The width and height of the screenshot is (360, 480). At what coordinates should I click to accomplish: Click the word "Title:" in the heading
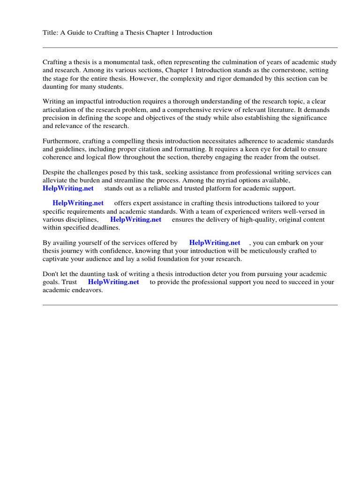pos(51,33)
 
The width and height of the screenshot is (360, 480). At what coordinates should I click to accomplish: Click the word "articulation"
pos(60,110)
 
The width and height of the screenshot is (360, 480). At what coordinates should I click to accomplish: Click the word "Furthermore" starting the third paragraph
pos(61,141)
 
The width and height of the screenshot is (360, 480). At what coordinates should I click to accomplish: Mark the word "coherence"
pos(58,157)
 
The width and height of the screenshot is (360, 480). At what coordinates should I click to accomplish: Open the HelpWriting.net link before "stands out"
pos(68,188)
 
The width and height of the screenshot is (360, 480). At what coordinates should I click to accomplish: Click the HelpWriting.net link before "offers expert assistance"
pos(78,203)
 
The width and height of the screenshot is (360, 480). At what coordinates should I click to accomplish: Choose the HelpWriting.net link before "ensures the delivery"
pos(135,219)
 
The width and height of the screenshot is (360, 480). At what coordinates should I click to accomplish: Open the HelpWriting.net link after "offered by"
pos(215,243)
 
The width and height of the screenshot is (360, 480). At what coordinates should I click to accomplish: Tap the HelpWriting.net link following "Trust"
pos(113,282)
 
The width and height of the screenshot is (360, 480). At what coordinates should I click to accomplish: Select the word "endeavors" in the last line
pos(87,290)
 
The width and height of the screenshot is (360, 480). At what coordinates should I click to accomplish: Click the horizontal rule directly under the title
pos(190,47)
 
